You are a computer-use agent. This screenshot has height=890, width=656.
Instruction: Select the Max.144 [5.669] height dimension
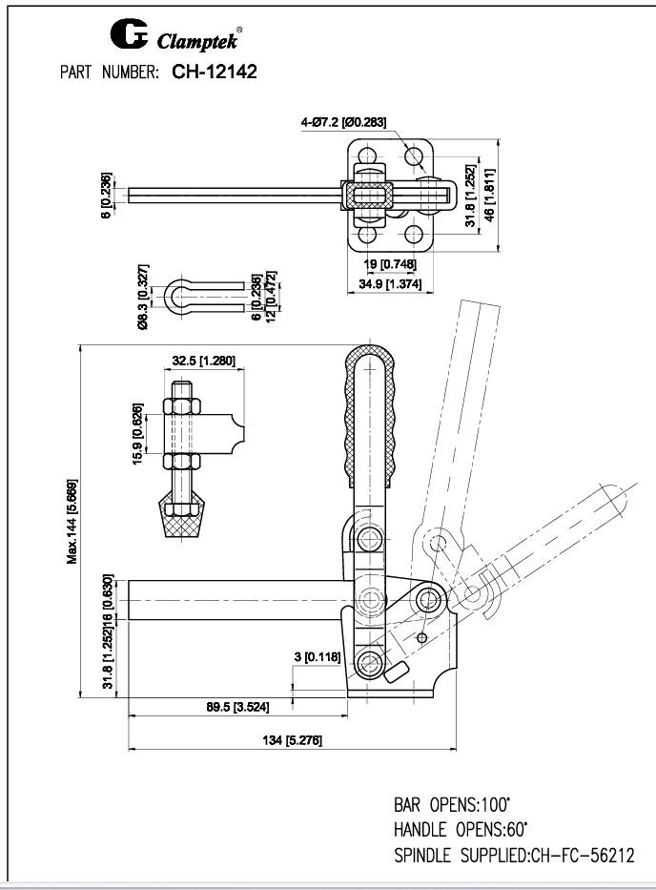pos(73,521)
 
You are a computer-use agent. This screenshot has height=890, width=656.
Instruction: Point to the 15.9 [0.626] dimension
pos(139,436)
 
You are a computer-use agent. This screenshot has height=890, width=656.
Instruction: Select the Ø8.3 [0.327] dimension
pos(142,297)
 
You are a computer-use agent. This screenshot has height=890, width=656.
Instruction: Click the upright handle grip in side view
pos(367,414)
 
